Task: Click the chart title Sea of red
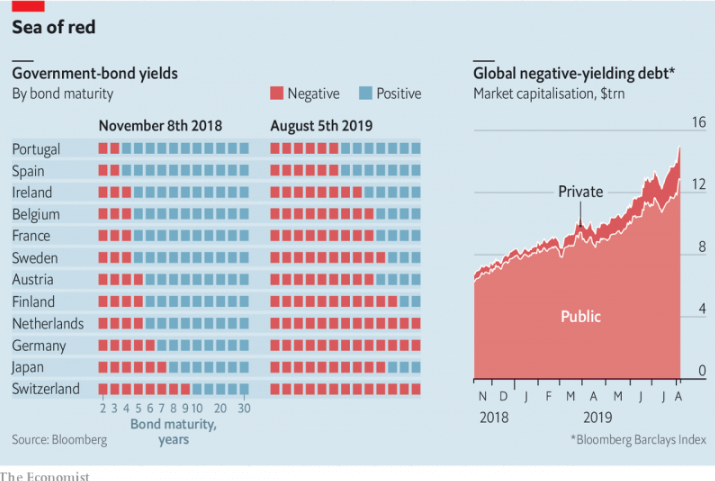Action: coord(54,28)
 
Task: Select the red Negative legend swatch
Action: coord(277,94)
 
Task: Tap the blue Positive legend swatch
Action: coord(365,94)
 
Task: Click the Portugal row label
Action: coord(36,149)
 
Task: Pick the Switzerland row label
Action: coord(46,389)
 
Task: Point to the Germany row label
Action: coord(39,345)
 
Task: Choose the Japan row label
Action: coord(27,367)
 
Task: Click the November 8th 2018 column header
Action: coord(160,126)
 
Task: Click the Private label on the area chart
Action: coord(580,191)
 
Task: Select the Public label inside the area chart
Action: coord(580,316)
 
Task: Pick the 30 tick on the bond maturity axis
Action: coord(244,408)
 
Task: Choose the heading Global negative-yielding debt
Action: coord(574,73)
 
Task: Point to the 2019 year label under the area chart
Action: coord(597,417)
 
